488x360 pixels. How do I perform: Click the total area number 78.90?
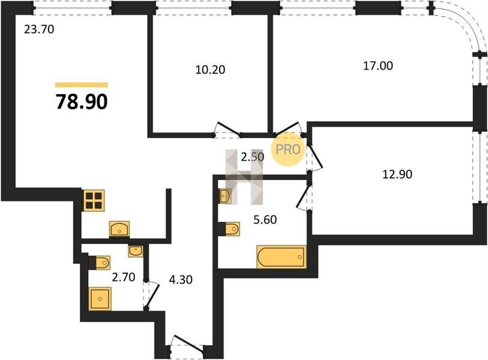(x=82, y=102)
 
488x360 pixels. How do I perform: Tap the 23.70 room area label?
(x=39, y=29)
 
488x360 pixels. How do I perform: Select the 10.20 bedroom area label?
(x=211, y=70)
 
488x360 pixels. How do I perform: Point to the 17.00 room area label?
(x=378, y=65)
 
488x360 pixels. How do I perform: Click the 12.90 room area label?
(x=397, y=174)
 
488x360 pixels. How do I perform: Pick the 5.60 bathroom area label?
(x=265, y=220)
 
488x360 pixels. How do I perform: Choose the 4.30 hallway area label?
(x=181, y=280)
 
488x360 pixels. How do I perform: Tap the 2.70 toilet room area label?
(x=124, y=277)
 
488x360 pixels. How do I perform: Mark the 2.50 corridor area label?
(x=253, y=157)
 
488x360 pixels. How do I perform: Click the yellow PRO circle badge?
(x=288, y=149)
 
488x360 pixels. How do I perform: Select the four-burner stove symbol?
(x=94, y=200)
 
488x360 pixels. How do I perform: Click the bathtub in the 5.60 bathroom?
(x=282, y=257)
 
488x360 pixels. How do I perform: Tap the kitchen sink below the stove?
(x=119, y=229)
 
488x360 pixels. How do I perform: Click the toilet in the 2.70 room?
(x=100, y=263)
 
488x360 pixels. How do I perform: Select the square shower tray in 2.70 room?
(x=100, y=299)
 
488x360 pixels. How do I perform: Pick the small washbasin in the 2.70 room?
(x=136, y=251)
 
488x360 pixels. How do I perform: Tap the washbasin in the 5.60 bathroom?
(x=225, y=196)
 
